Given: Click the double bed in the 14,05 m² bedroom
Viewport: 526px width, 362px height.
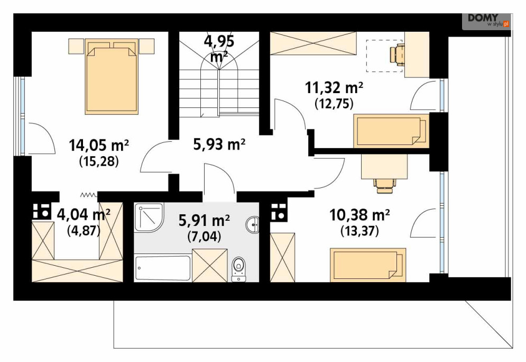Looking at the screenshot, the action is [x=112, y=77].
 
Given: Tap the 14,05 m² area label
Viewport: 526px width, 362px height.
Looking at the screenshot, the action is [x=99, y=146].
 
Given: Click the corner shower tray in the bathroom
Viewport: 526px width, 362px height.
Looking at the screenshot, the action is [x=149, y=218].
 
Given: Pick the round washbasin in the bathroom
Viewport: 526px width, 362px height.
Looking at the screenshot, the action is [x=253, y=224].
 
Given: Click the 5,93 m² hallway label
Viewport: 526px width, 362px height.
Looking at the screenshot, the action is [x=219, y=144].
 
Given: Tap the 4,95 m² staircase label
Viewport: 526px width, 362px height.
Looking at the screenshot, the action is [x=219, y=49].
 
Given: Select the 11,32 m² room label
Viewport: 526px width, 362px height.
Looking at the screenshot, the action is [x=334, y=88].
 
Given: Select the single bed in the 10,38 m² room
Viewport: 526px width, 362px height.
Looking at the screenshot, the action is [x=368, y=265].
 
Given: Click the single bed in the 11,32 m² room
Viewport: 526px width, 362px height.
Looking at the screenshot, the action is [x=391, y=131].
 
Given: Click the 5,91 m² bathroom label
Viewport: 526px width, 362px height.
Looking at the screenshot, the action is [x=204, y=221].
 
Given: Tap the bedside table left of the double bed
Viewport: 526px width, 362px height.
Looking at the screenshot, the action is [x=76, y=47].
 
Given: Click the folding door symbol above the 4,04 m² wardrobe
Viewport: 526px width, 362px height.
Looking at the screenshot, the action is [x=89, y=194].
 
